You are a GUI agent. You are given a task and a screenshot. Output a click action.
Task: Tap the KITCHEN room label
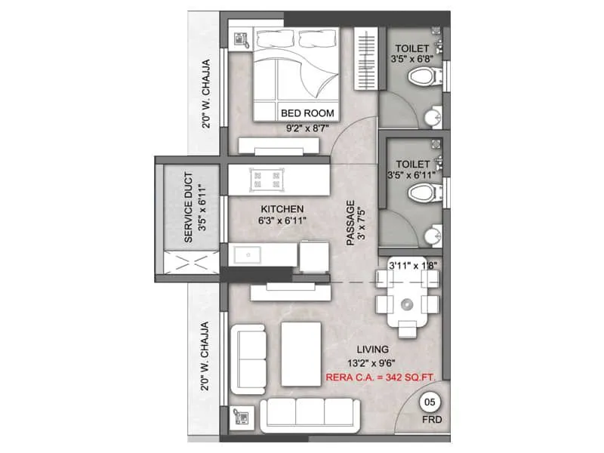(x=282, y=209)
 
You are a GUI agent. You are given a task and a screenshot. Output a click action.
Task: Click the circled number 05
(x=432, y=401)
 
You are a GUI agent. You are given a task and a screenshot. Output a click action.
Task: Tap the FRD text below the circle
(x=432, y=419)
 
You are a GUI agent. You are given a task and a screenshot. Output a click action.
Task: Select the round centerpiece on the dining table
(x=407, y=304)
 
